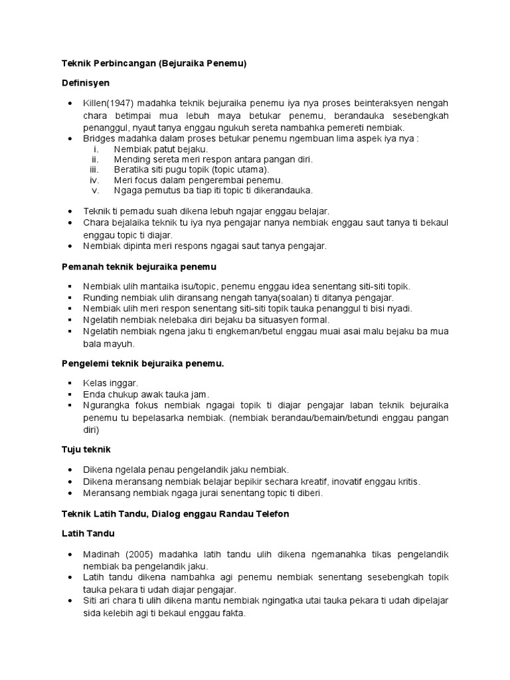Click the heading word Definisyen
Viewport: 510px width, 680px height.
coord(85,83)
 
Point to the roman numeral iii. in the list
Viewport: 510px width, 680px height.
coord(94,169)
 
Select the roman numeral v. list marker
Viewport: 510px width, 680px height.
coord(95,190)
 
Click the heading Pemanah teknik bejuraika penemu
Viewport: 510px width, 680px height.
coord(139,266)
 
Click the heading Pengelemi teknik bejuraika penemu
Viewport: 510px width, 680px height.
coord(143,364)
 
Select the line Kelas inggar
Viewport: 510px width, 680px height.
coord(110,384)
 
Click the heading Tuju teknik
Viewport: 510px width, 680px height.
coord(86,450)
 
